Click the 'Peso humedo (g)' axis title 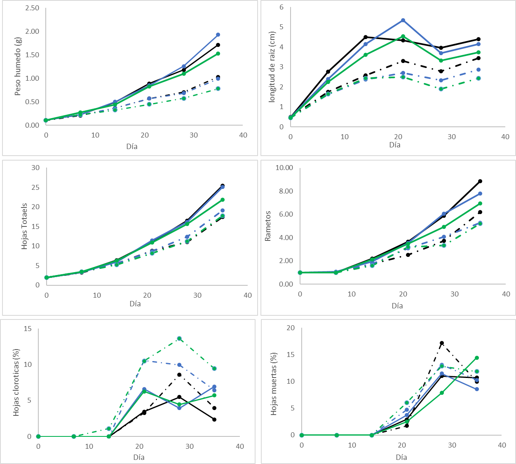pyautogui.click(x=18, y=66)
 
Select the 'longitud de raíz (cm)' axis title pyautogui.click(x=272, y=67)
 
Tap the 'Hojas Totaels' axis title pyautogui.click(x=25, y=226)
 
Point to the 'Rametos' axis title pyautogui.click(x=268, y=226)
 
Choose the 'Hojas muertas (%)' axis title pyautogui.click(x=274, y=383)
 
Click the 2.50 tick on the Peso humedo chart pyautogui.click(x=32, y=8)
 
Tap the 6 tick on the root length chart pyautogui.click(x=281, y=7)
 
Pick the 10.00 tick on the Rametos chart pyautogui.click(x=284, y=168)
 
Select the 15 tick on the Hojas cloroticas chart pyautogui.click(x=28, y=329)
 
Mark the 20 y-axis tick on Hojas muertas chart pyautogui.click(x=291, y=328)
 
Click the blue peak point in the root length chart pyautogui.click(x=403, y=20)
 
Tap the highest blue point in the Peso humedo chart pyautogui.click(x=218, y=35)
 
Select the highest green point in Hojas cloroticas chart pyautogui.click(x=179, y=338)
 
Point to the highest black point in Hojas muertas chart pyautogui.click(x=442, y=343)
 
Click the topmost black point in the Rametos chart pyautogui.click(x=480, y=181)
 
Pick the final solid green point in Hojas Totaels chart pyautogui.click(x=223, y=200)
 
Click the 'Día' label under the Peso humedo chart pyautogui.click(x=132, y=146)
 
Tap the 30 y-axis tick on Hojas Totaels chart pyautogui.click(x=36, y=168)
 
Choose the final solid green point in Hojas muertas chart pyautogui.click(x=477, y=358)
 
